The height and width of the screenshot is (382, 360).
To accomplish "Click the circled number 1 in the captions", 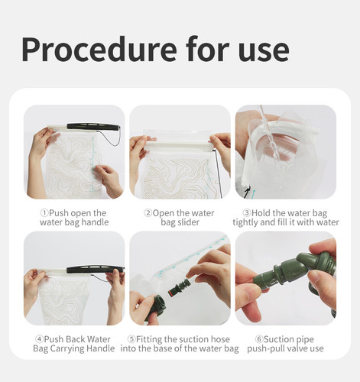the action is (44, 213).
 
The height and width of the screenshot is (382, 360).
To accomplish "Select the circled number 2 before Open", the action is (148, 213).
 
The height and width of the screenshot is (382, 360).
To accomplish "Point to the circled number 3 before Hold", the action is (247, 213).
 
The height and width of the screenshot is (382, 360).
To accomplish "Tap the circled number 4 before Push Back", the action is (39, 339).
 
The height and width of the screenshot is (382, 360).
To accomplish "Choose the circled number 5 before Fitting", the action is (131, 339).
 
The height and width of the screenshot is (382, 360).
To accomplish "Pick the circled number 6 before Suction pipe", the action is (259, 339).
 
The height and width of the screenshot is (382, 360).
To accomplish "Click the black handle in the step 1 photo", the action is (93, 127).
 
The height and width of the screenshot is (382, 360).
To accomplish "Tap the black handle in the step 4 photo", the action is (96, 269).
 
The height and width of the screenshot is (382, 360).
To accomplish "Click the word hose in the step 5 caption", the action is (220, 339).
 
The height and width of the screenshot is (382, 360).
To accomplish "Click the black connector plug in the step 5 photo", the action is (179, 288).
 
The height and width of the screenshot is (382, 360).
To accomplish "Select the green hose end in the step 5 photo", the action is (156, 308).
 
